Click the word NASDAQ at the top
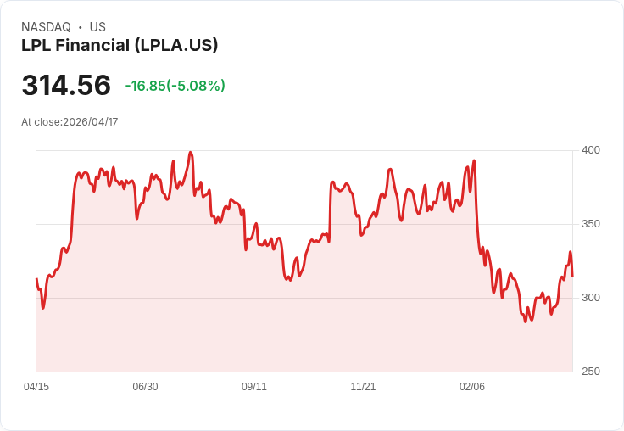[x=46, y=27]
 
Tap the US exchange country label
[x=97, y=27]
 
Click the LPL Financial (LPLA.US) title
[x=120, y=45]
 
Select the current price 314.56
[x=66, y=86]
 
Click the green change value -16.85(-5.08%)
[x=175, y=86]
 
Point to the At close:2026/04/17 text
[x=70, y=122]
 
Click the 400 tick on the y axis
[x=590, y=150]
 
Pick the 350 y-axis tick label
[x=590, y=224]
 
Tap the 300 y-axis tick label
[x=590, y=298]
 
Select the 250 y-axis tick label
[x=590, y=372]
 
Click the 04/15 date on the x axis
[x=36, y=387]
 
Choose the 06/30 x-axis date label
[x=145, y=387]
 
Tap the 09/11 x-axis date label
[x=254, y=387]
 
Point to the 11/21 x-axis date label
[x=363, y=387]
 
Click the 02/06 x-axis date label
[x=472, y=387]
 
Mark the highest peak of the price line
[x=191, y=153]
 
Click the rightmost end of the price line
[x=572, y=276]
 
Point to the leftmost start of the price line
[x=36, y=279]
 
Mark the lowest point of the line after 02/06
[x=525, y=322]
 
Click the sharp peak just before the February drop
[x=474, y=160]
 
